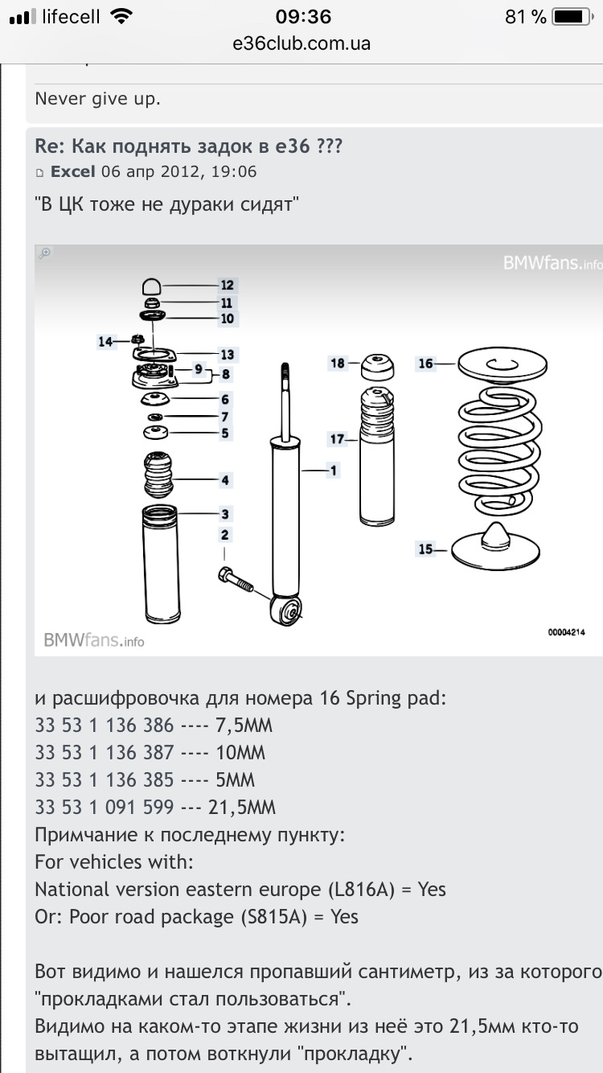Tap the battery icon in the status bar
(x=572, y=17)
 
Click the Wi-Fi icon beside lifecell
(x=122, y=16)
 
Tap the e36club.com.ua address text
(x=301, y=43)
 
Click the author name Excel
(x=73, y=171)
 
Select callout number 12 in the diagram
(x=227, y=285)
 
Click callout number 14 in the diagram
(x=105, y=341)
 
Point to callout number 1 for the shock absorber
(x=332, y=471)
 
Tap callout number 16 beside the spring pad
(x=425, y=364)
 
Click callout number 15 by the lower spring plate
(x=425, y=549)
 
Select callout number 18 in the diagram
(x=337, y=364)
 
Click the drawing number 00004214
(x=566, y=633)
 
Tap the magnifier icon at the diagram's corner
(x=45, y=253)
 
